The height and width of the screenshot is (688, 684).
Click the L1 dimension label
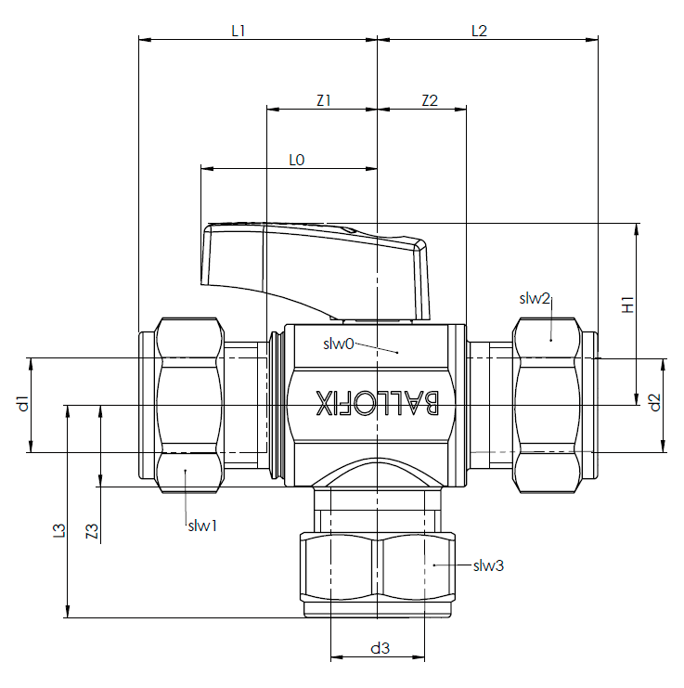coord(239,32)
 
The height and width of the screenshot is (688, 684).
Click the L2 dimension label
coord(479,32)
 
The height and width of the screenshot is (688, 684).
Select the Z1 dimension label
coord(324,101)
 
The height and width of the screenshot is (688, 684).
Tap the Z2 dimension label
coord(430,101)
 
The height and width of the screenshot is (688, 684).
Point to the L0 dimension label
coord(297,160)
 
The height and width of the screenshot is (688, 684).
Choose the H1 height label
coord(628,305)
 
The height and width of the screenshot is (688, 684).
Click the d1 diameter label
coord(24,403)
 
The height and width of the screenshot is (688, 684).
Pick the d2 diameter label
coord(654,402)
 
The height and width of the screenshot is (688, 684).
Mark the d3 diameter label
coord(380,648)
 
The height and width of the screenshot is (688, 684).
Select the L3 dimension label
coord(59,530)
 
